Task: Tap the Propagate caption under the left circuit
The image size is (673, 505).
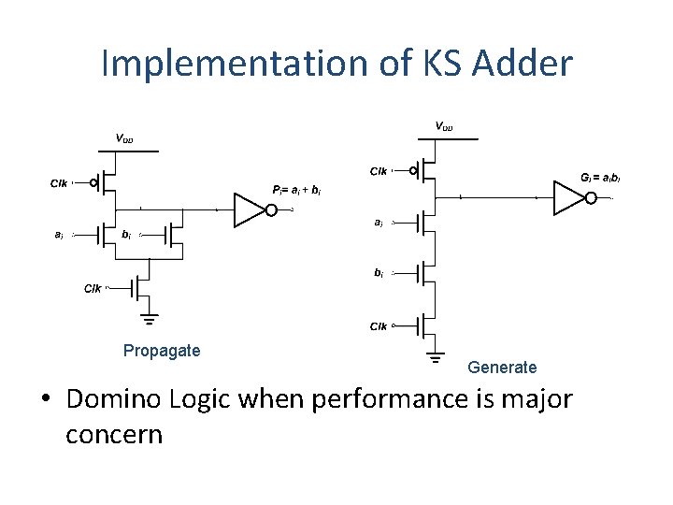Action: coord(162,351)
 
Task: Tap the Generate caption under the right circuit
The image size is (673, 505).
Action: coord(502,368)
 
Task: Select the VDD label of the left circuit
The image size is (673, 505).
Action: coord(124,138)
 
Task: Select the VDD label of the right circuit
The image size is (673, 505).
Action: coord(444,126)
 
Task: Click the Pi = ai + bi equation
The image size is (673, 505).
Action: coord(297,190)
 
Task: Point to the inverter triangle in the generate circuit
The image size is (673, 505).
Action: coord(567,197)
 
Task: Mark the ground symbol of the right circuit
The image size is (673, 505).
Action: coord(435,355)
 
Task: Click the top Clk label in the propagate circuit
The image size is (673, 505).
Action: coord(59,183)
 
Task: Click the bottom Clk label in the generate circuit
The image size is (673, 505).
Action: coord(378,326)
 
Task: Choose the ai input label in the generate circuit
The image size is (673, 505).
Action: coord(378,223)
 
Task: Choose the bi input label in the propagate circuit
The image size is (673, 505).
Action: coord(126,235)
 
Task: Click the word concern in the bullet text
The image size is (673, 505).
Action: coord(114,435)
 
